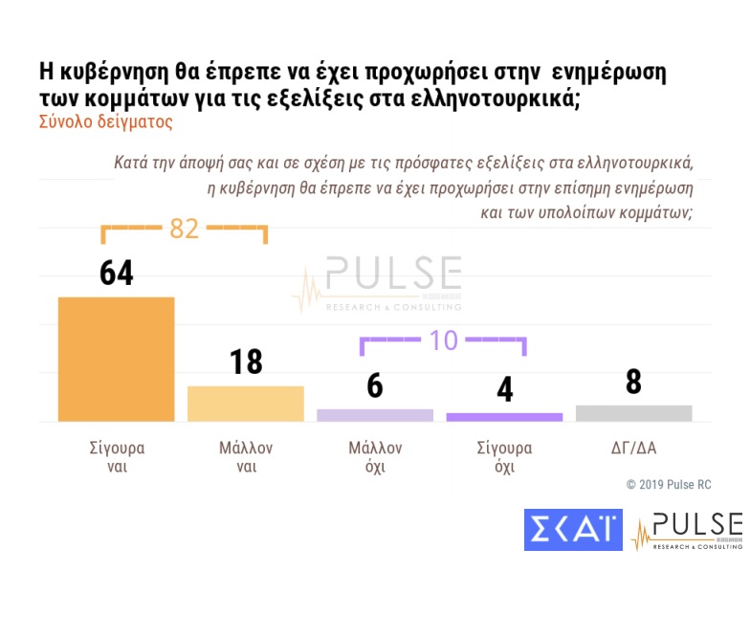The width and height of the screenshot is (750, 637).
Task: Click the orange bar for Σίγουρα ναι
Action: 116,359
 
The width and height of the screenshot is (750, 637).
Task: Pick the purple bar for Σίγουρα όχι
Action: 504,417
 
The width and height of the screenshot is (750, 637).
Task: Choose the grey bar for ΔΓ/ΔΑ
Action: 633,413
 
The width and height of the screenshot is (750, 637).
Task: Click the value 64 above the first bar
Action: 116,272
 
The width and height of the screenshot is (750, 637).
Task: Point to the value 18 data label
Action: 245,362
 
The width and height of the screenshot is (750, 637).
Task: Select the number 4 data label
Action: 504,389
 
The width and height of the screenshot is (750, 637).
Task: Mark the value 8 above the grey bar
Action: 633,382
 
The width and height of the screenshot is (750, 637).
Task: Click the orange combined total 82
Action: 184,229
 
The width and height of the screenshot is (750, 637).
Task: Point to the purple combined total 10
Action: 443,340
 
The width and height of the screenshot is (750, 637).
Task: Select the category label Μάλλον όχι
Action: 375,457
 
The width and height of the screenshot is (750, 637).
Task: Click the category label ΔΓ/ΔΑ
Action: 633,448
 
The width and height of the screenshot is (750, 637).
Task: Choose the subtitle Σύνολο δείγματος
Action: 105,122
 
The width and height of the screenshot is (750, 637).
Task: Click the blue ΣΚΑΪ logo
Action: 573,530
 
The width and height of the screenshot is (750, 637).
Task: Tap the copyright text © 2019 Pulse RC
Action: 669,485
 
